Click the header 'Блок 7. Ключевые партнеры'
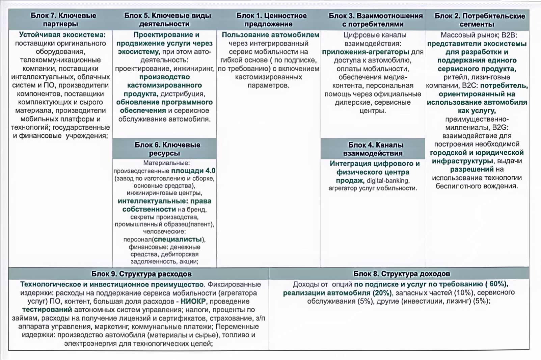[x=63, y=20]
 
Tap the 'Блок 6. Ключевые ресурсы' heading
[x=167, y=149]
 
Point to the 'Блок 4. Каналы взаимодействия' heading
[x=373, y=149]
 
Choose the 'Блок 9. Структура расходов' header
[x=141, y=274]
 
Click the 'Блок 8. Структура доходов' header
[x=402, y=274]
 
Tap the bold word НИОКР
[x=193, y=301]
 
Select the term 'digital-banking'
[x=388, y=181]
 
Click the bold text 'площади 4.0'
[x=193, y=171]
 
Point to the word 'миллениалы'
[x=467, y=128]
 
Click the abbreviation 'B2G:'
[x=500, y=128]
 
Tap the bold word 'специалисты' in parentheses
[x=178, y=239]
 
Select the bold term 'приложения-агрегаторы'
[x=366, y=52]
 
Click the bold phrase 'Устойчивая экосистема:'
[x=62, y=35]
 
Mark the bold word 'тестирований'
[x=47, y=310]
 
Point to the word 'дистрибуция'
[x=183, y=94]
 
